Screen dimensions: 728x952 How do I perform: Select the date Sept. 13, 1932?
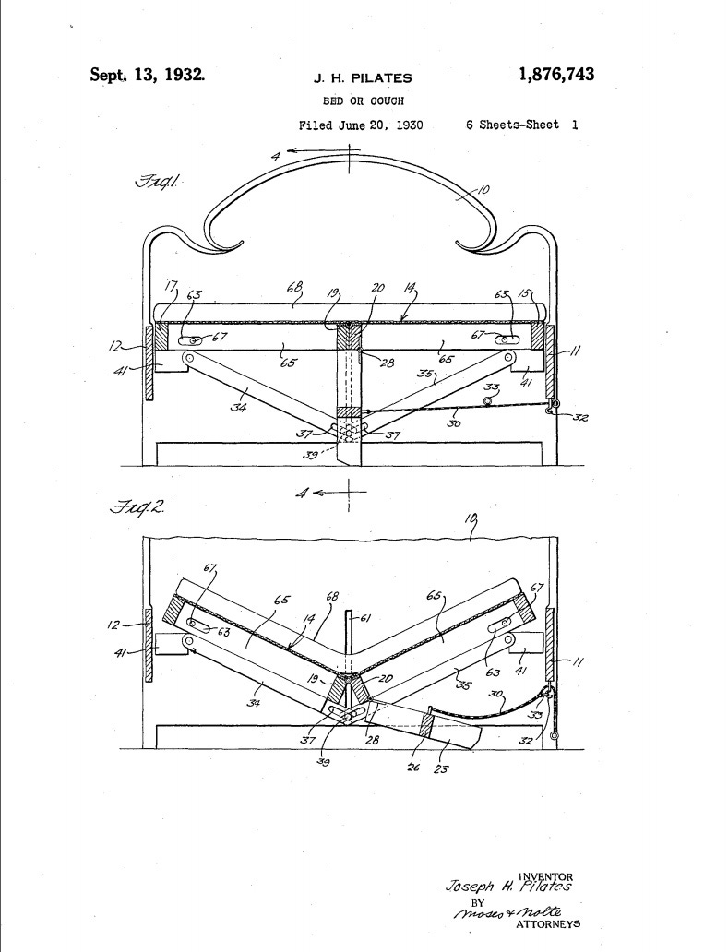click(147, 75)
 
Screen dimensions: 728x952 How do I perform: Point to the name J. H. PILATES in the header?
click(355, 77)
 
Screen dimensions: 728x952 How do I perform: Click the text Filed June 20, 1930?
click(361, 125)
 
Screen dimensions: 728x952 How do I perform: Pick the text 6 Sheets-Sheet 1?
click(522, 125)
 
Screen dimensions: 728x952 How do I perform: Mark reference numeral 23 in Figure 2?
click(443, 767)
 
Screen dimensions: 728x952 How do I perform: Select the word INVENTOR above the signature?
click(546, 876)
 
